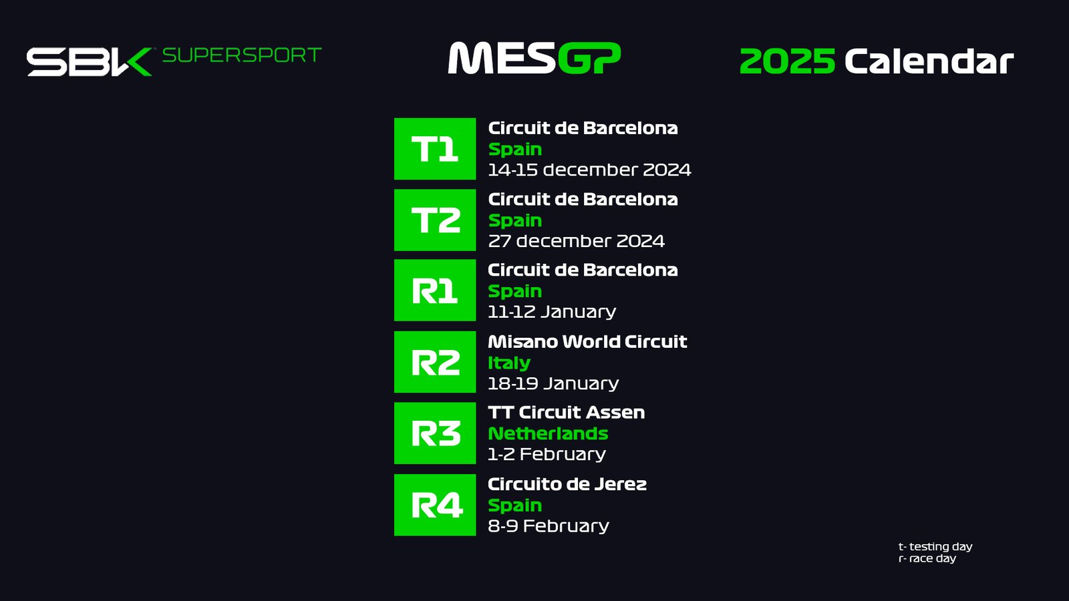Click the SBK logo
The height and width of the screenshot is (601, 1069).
[x=90, y=62]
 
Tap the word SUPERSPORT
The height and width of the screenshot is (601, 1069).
[x=242, y=55]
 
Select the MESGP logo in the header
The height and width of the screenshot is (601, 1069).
[x=534, y=58]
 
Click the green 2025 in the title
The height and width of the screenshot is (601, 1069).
[x=788, y=61]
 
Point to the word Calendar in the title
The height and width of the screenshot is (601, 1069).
[x=929, y=61]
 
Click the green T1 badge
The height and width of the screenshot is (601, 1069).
[x=435, y=149]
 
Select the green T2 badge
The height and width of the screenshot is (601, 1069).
[x=435, y=220]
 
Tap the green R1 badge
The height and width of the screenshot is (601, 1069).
[x=435, y=290]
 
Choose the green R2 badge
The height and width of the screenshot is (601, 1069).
[x=435, y=362]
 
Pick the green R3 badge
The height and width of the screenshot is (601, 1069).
[x=435, y=433]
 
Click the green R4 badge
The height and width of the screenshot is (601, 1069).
[x=435, y=505]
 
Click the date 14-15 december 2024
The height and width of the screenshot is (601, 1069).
[x=589, y=170]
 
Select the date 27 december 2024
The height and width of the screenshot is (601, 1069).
[x=576, y=241]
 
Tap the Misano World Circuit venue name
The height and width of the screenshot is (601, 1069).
[x=587, y=341]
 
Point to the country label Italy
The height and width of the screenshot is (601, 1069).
[x=508, y=363]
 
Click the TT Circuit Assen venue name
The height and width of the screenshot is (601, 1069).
[x=566, y=413]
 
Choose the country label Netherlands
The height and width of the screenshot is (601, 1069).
[x=548, y=433]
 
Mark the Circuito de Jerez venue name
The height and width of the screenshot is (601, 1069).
[x=567, y=484]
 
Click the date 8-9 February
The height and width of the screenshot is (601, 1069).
[x=549, y=526]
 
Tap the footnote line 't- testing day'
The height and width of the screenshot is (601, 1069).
[x=935, y=547]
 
